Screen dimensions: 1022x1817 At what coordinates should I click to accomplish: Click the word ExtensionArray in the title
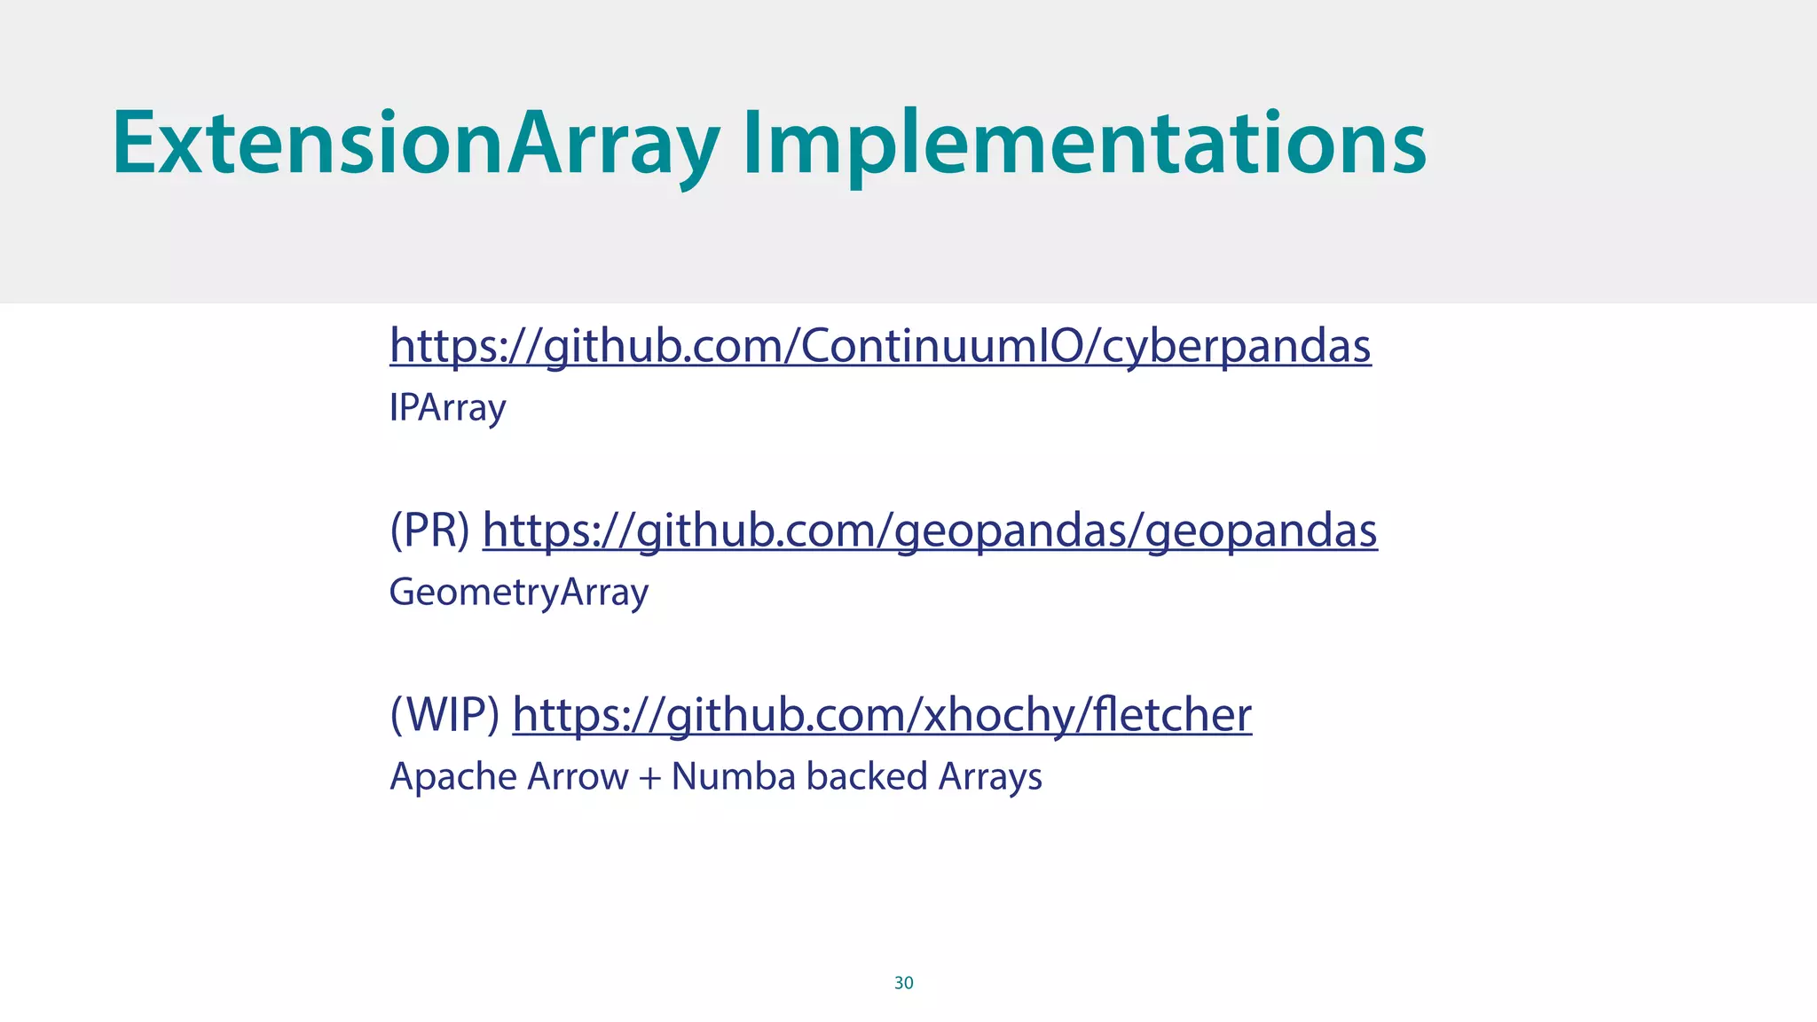(x=415, y=144)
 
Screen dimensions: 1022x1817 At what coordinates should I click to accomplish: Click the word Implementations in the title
(x=1084, y=144)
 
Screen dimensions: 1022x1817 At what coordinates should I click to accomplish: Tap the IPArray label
(x=447, y=408)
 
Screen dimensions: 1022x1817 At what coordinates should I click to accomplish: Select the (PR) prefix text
(x=430, y=531)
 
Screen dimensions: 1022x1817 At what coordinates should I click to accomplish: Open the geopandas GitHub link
(x=930, y=531)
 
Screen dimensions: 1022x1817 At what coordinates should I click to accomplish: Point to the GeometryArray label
(x=519, y=593)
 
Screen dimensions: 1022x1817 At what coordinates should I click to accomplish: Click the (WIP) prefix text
(x=444, y=715)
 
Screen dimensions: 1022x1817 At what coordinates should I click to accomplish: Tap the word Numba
(x=734, y=777)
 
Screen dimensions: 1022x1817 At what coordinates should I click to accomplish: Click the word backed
(x=867, y=777)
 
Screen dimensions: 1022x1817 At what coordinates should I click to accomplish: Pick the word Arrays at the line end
(x=990, y=777)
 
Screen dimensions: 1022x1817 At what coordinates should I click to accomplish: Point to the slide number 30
(x=903, y=983)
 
